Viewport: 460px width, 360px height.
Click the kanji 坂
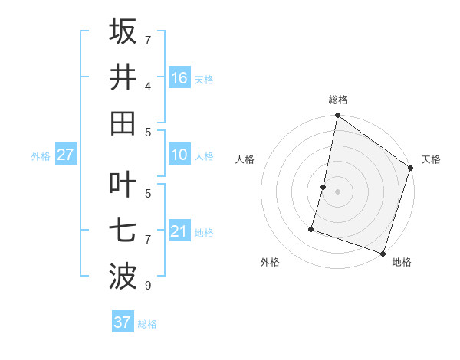(123, 31)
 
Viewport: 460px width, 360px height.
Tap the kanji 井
(123, 77)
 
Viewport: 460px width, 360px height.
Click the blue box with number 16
(179, 77)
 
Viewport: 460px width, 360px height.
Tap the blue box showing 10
(179, 155)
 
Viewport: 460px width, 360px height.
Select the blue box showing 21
(179, 231)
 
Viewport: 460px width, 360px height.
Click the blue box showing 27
(66, 155)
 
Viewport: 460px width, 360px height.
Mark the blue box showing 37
(123, 322)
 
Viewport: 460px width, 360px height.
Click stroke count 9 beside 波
(148, 286)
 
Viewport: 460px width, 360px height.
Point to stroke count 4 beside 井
(148, 87)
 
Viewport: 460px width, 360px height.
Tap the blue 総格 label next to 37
(147, 324)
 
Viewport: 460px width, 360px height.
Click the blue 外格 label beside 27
(41, 156)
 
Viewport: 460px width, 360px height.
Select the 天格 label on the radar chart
(431, 159)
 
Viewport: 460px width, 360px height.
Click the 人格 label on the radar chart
(245, 159)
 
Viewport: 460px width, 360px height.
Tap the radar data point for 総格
(337, 116)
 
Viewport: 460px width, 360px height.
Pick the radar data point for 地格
(383, 253)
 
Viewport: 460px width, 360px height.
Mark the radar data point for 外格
(311, 228)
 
